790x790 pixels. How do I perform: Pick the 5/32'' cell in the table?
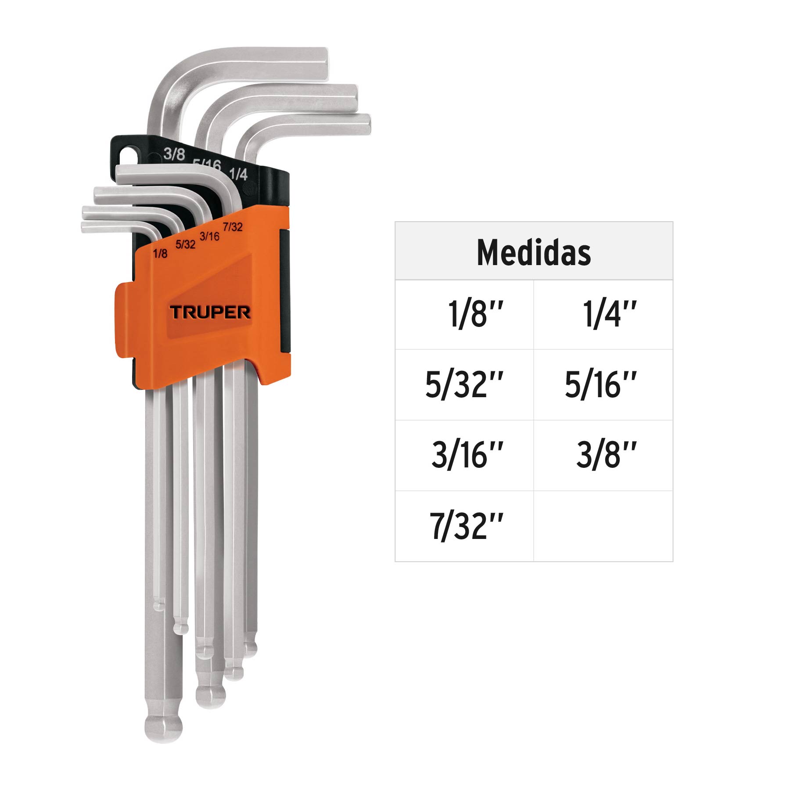point(464,384)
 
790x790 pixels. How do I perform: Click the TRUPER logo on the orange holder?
point(210,312)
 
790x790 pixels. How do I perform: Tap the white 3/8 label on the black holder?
point(174,154)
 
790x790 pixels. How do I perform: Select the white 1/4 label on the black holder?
point(238,174)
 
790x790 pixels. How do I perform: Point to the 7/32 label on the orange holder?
point(233,227)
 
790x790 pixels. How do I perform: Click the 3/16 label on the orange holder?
point(209,236)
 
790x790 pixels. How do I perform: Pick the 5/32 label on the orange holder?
point(185,244)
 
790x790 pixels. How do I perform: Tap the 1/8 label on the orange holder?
point(160,253)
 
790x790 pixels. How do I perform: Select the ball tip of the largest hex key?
point(163,730)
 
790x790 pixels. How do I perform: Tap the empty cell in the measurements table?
point(603,526)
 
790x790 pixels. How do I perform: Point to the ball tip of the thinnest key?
point(159,605)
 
